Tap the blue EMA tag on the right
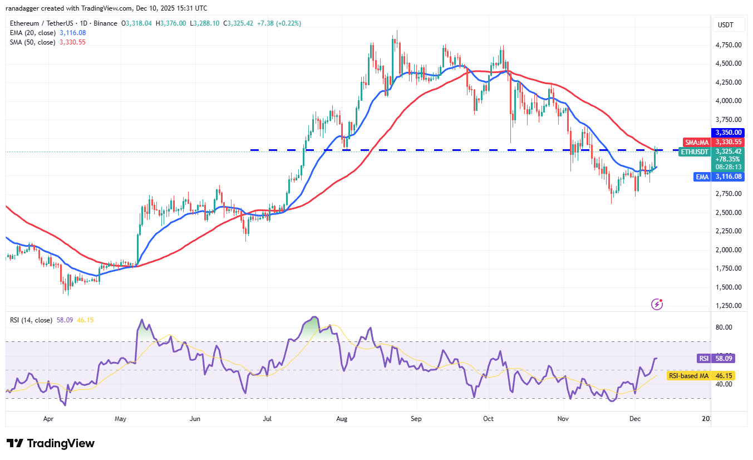pyautogui.click(x=702, y=177)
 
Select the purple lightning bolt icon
pyautogui.click(x=657, y=304)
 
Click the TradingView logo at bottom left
pyautogui.click(x=51, y=443)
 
